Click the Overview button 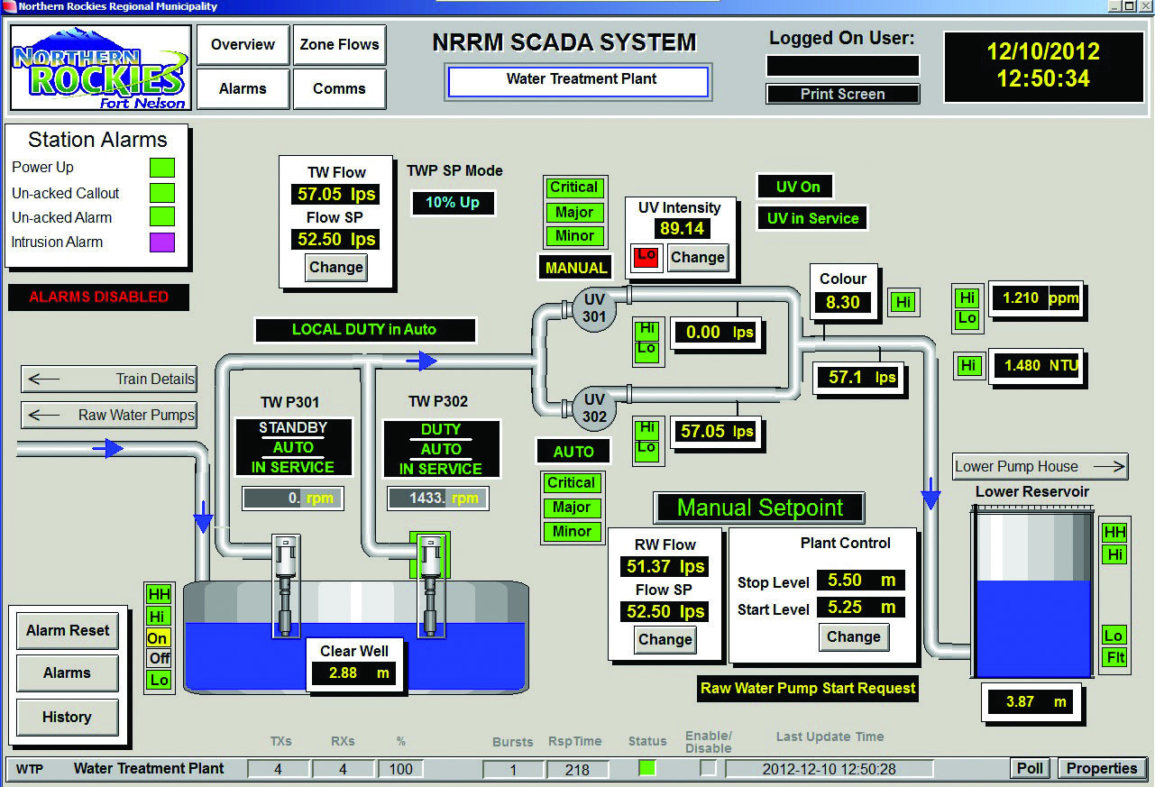243,45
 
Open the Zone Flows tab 339,45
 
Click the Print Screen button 842,94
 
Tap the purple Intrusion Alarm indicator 162,243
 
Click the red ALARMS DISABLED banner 98,297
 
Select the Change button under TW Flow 335,268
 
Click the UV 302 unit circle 594,408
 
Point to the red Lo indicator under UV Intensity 646,257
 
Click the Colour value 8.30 843,303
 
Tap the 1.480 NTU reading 1033,365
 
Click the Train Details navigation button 108,380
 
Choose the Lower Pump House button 1040,467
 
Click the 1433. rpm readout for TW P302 437,498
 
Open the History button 67,718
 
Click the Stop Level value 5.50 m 861,581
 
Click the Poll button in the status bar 1030,769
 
